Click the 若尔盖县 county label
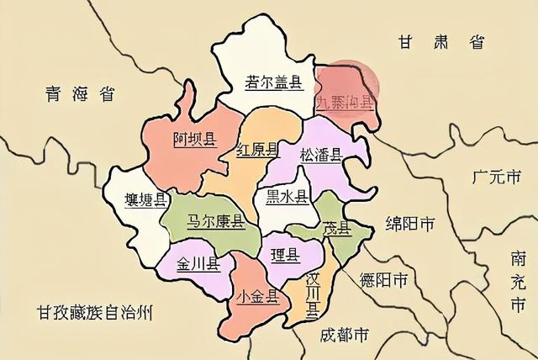273,82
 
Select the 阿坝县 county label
195,140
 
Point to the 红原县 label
257,151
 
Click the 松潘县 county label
319,155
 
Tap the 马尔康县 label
214,221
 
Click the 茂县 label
335,229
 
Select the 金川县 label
198,263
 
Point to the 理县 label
284,255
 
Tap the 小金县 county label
257,296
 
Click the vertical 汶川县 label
311,295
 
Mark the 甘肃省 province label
442,41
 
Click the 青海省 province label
81,94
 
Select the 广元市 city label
497,177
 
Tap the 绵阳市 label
409,224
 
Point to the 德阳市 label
383,279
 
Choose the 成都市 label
345,335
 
